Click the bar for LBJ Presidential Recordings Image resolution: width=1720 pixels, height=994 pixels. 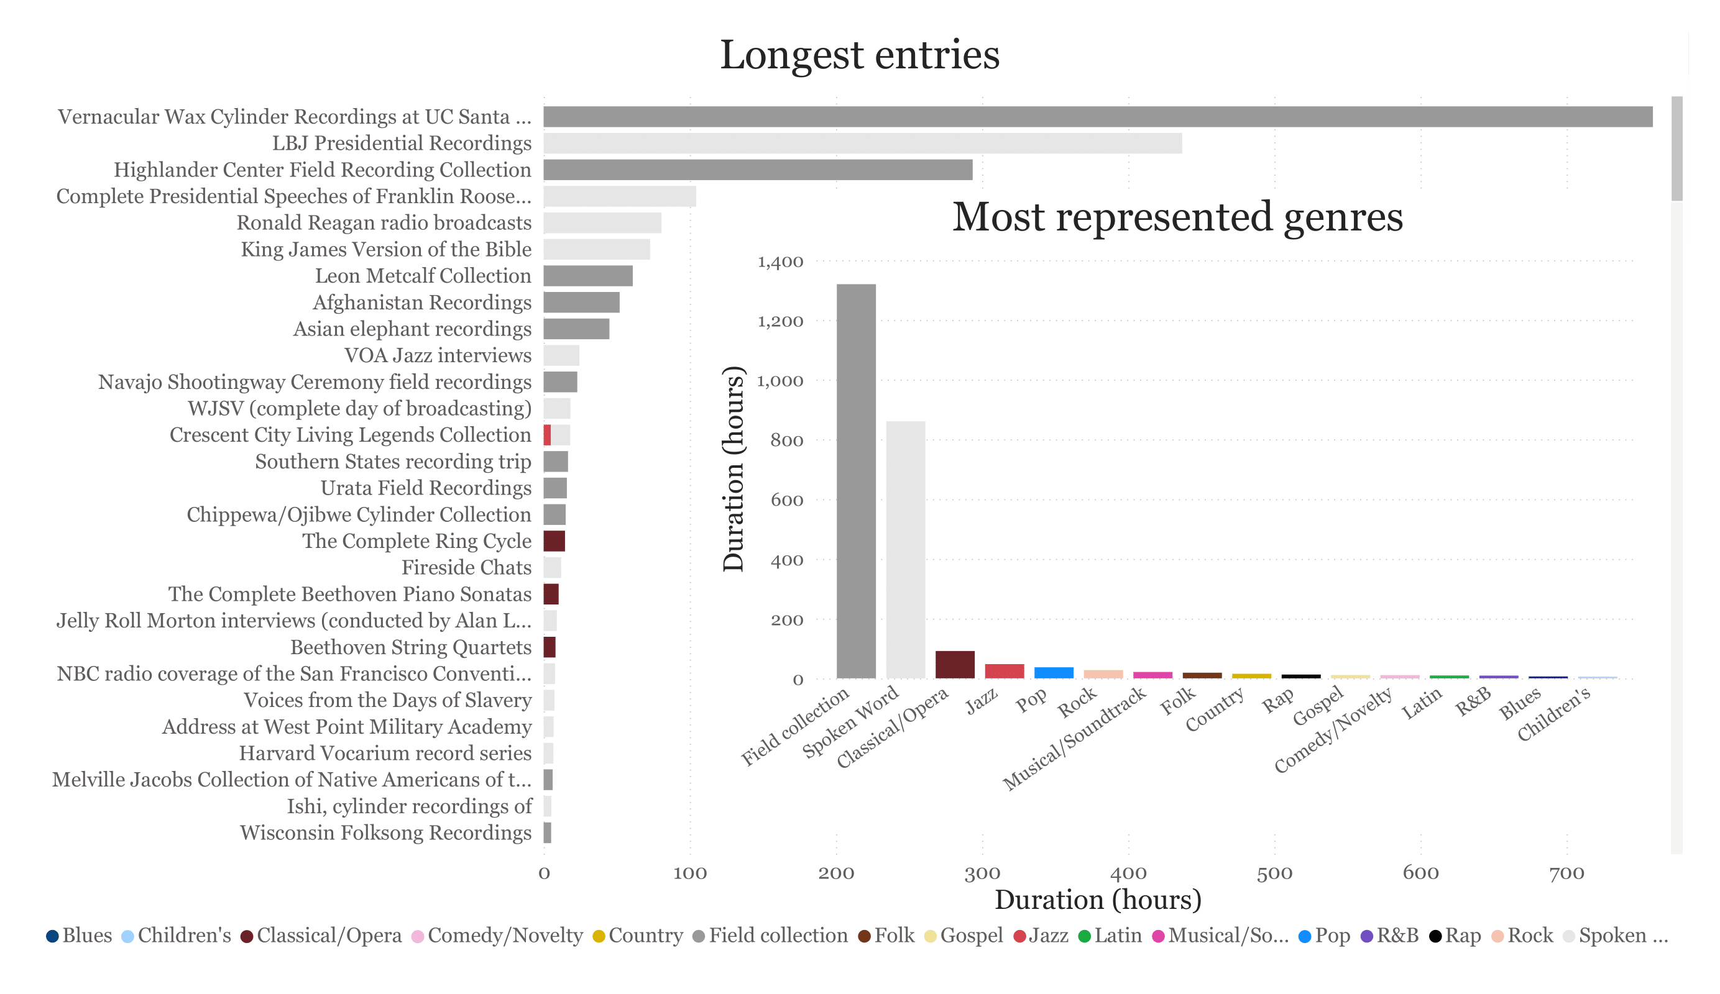point(862,144)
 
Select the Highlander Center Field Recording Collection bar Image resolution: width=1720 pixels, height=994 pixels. point(758,170)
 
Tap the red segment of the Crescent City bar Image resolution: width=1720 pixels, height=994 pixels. point(548,435)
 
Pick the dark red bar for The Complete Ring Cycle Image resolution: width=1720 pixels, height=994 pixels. point(554,541)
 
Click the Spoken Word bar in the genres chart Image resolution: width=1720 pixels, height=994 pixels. point(905,549)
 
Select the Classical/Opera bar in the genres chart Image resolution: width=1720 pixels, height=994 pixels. point(954,665)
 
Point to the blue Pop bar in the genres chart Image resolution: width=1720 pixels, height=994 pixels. point(1053,673)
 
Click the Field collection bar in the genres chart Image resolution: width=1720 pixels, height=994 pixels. point(856,481)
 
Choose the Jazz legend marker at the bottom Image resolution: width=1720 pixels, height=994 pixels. point(1019,936)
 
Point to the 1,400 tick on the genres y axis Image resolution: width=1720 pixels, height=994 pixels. point(780,262)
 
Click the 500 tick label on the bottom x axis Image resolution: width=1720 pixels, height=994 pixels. point(1274,873)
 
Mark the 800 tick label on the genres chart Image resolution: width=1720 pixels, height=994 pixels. point(786,440)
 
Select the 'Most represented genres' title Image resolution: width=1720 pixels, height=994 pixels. point(1177,217)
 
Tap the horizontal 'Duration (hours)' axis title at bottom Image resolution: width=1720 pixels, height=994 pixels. point(1098,900)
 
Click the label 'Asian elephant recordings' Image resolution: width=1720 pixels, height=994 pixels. point(412,329)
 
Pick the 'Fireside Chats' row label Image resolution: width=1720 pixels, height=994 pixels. point(466,568)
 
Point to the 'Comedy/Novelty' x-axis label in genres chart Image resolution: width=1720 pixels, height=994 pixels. point(1334,730)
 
